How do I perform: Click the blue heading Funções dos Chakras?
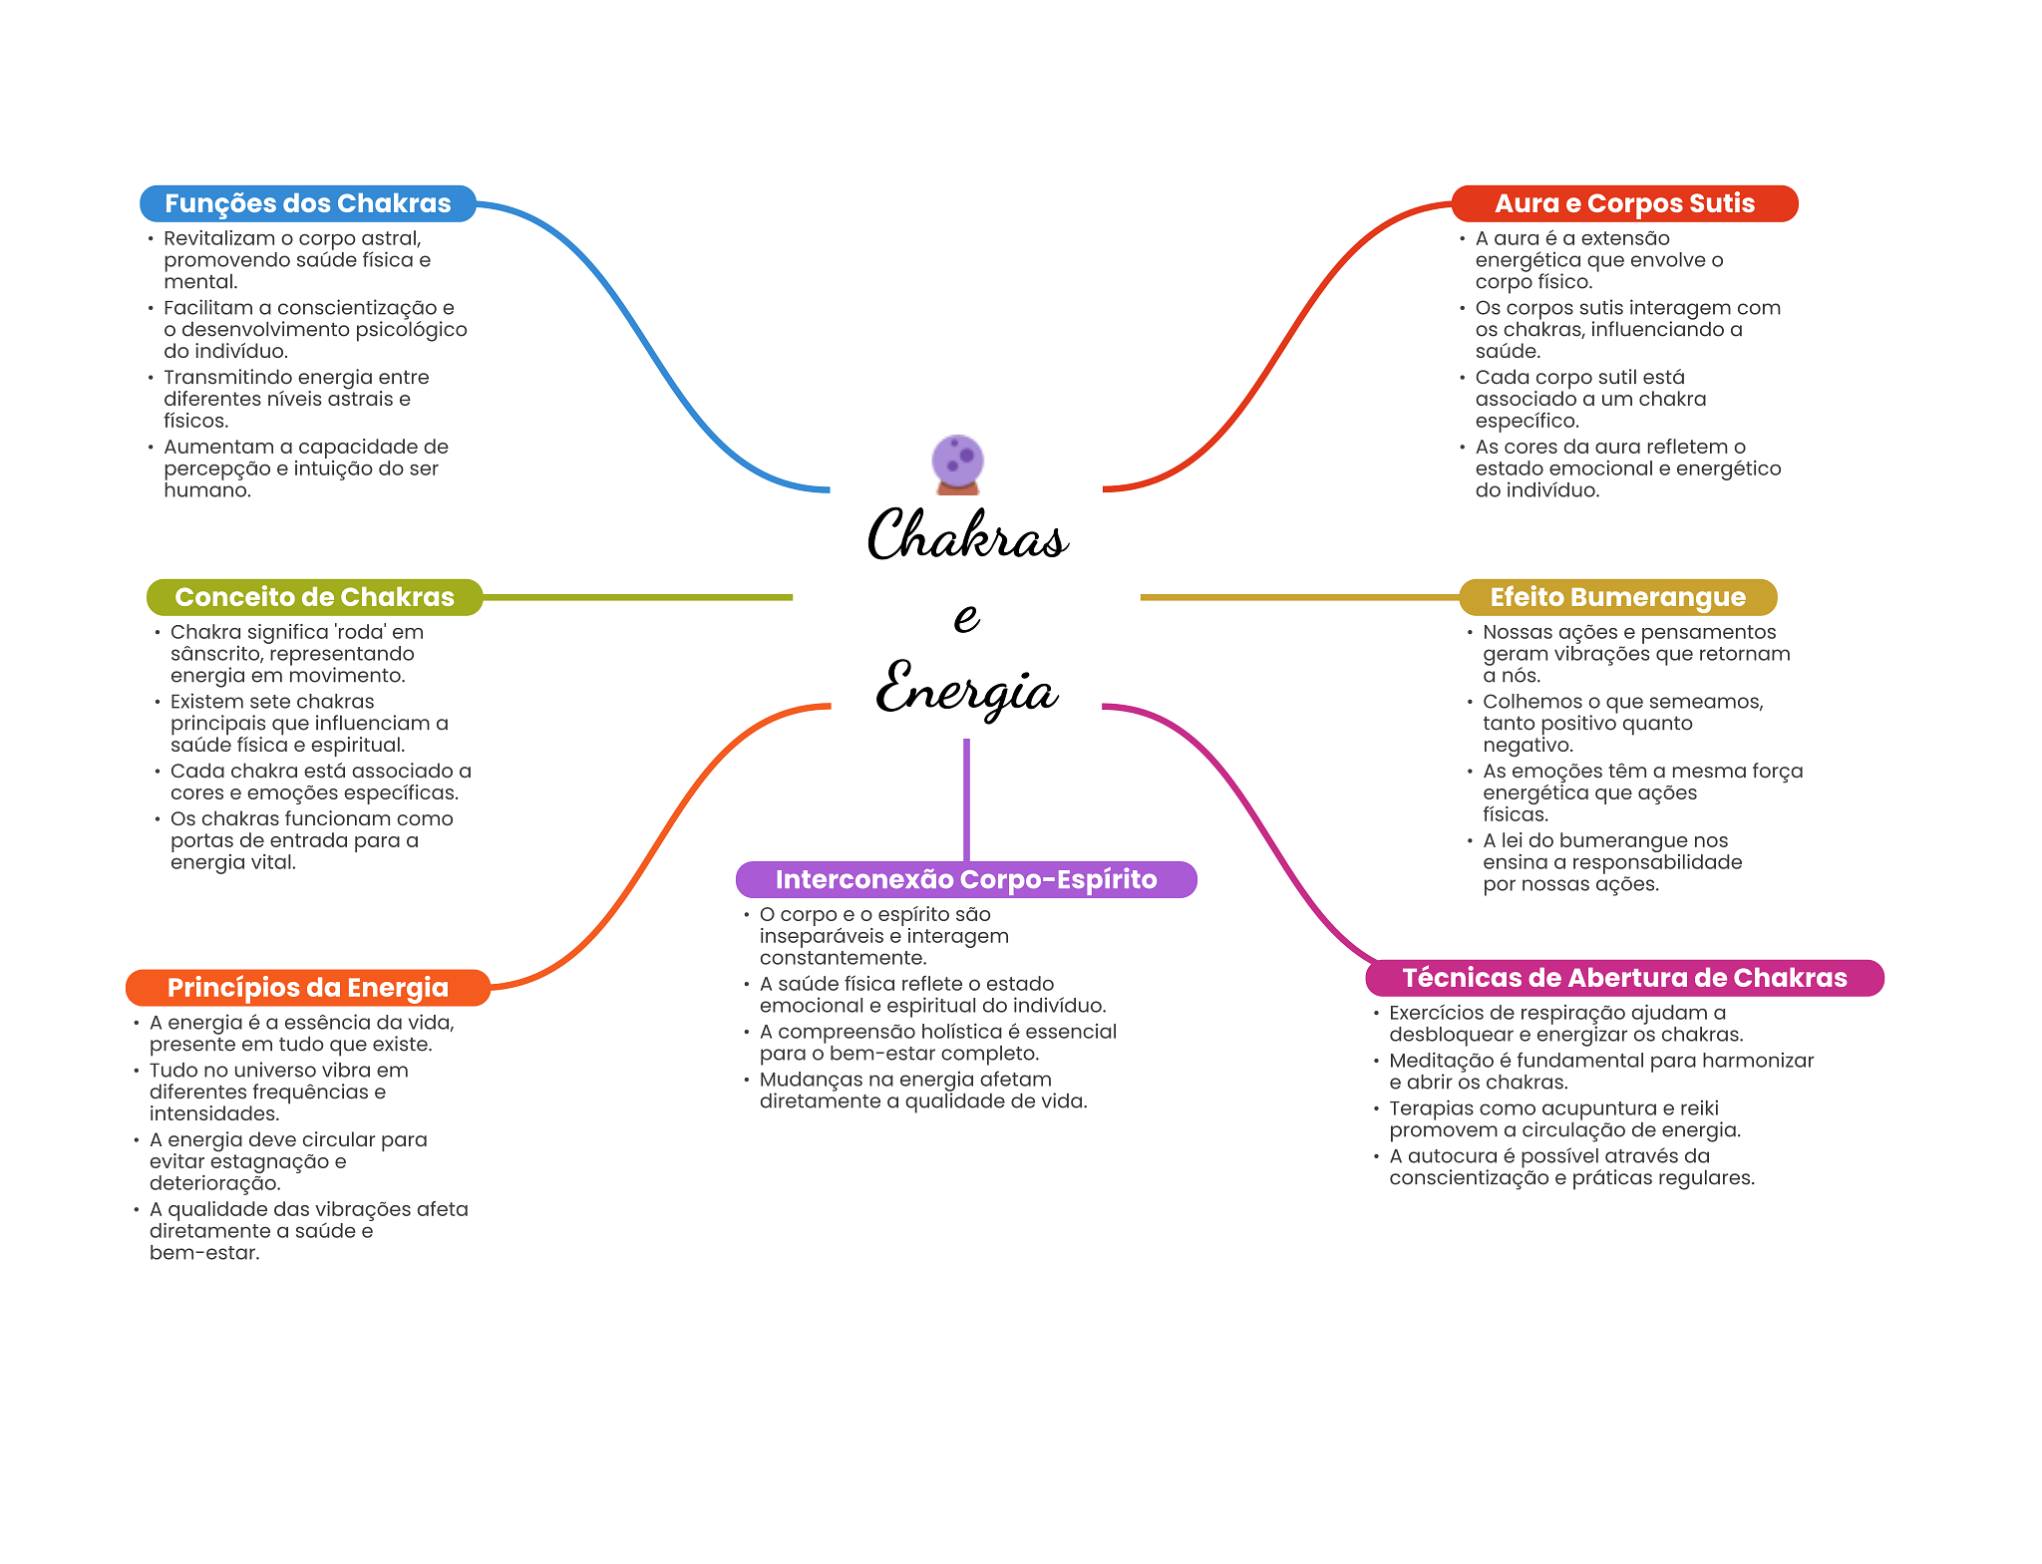[x=307, y=203]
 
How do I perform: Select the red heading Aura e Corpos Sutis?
[x=1624, y=203]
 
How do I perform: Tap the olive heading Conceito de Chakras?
[x=314, y=597]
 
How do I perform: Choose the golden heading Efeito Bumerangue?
[x=1617, y=597]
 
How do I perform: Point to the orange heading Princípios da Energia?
[x=307, y=988]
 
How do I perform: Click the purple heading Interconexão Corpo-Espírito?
[x=966, y=879]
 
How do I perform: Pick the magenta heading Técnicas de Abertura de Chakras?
[x=1624, y=978]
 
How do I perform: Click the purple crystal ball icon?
[x=957, y=465]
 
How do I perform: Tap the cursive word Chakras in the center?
[x=967, y=534]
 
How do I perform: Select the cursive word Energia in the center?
[x=966, y=688]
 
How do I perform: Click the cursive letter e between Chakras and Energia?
[x=966, y=617]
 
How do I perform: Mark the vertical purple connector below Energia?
[x=966, y=799]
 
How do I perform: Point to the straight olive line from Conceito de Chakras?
[x=638, y=597]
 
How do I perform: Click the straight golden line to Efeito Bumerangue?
[x=1299, y=597]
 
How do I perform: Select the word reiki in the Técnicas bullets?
[x=1699, y=1108]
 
